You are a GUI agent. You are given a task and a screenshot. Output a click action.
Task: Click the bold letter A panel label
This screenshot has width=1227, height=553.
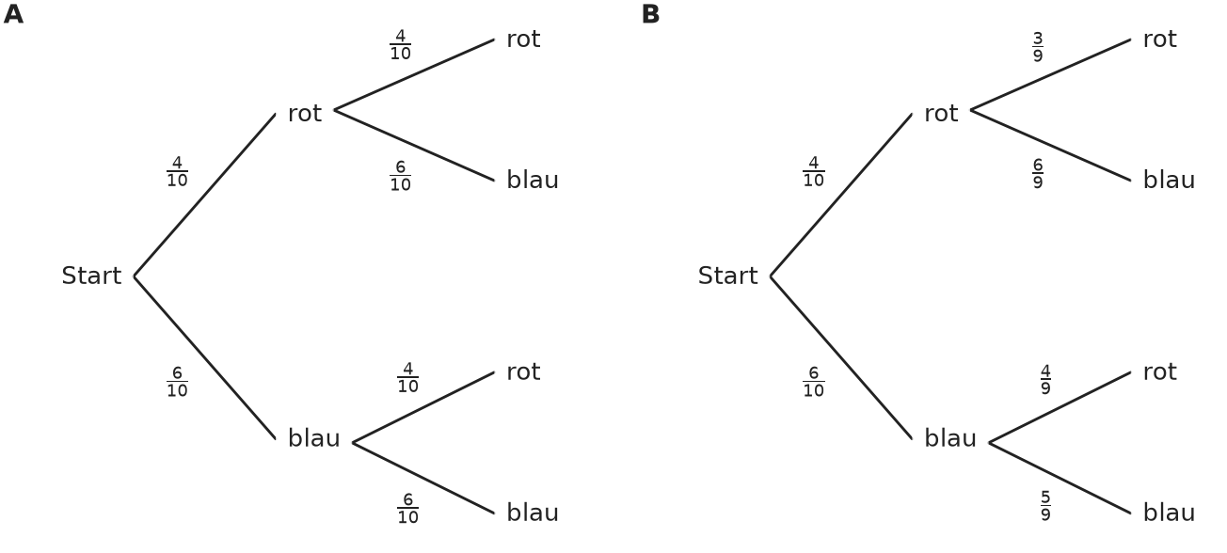point(14,14)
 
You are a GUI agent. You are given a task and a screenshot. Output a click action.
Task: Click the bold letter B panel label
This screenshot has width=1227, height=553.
point(650,14)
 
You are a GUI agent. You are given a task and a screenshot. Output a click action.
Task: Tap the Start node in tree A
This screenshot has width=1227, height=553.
point(91,276)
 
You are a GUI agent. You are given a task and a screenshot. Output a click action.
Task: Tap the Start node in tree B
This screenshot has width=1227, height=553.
point(728,276)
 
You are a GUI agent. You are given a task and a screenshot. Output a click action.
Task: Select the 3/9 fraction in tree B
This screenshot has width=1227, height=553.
point(1038,47)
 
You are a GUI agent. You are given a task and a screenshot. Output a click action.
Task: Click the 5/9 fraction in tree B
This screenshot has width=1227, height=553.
point(1045,506)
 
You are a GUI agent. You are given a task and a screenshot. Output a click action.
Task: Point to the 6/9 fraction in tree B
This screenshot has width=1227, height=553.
point(1038,174)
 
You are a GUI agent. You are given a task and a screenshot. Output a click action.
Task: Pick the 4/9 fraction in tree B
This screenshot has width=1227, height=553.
point(1045,380)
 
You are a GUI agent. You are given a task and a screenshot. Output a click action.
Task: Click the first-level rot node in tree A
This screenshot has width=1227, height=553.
point(305,114)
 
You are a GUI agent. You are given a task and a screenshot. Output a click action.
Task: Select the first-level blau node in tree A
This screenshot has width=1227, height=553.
point(314,438)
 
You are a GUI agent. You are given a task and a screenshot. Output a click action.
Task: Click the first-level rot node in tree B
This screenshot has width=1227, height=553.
point(941,114)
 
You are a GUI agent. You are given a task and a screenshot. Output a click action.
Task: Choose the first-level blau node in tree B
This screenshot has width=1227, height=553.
point(950,438)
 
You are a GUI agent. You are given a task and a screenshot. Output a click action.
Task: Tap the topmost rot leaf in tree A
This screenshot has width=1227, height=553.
point(523,39)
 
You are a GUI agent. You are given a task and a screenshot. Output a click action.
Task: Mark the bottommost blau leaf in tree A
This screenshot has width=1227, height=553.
point(533,513)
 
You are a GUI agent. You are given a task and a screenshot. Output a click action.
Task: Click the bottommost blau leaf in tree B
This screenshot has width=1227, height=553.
point(1169,513)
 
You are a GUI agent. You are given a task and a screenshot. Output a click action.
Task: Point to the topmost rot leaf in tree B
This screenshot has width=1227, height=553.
point(1159,39)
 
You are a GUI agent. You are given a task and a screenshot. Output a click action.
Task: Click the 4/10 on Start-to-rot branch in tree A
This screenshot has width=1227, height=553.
point(177,172)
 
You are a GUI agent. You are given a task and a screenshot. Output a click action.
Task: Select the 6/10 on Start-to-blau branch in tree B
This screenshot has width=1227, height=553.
point(813,382)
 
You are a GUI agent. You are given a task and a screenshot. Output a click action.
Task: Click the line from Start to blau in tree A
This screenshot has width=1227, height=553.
point(205,357)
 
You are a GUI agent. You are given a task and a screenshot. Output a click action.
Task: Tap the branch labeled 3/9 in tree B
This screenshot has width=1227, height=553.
point(1051,74)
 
